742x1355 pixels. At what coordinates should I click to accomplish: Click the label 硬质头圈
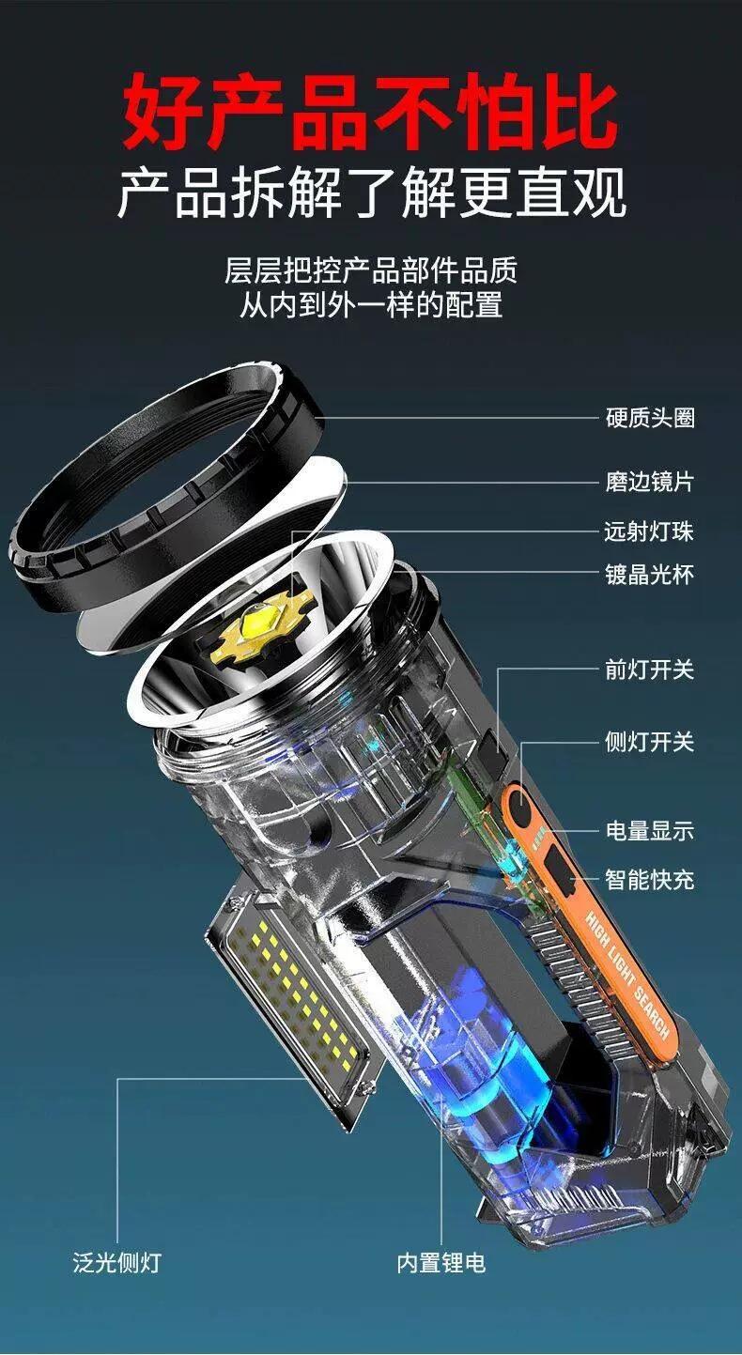coord(650,418)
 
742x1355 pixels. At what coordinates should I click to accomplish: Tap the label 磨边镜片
coord(650,482)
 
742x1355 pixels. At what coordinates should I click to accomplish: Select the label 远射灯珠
coord(650,531)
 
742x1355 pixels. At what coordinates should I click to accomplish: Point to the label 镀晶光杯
coord(650,574)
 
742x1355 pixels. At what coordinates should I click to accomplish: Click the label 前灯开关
coord(650,670)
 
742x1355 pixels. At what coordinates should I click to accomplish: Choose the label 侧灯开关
coord(650,742)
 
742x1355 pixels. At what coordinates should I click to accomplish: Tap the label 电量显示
coord(650,830)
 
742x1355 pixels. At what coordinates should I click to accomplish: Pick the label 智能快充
coord(650,879)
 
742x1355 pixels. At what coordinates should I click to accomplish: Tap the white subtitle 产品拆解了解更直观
coord(371,192)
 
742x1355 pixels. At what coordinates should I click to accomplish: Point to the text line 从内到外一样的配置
coord(371,304)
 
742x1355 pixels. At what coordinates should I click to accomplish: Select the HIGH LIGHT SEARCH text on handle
coord(627,968)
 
